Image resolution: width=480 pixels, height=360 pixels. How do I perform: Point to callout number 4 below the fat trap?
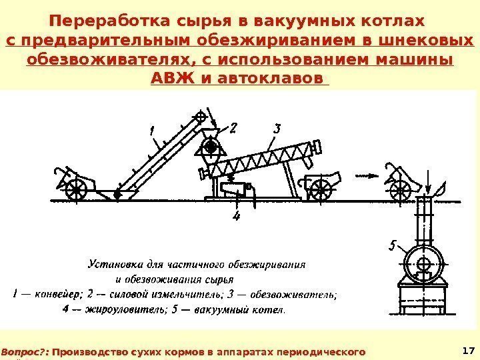click(236, 216)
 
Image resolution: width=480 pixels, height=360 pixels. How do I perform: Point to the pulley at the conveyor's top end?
click(201, 117)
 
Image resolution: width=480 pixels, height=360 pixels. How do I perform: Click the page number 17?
click(467, 350)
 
